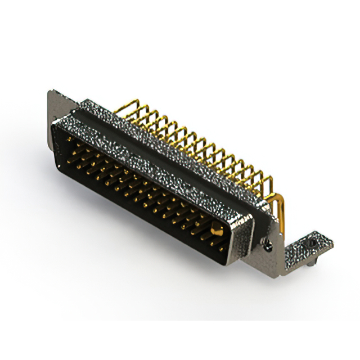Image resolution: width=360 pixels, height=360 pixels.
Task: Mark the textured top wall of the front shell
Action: (146, 152)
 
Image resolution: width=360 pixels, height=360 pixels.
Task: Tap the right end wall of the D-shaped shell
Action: (239, 236)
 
